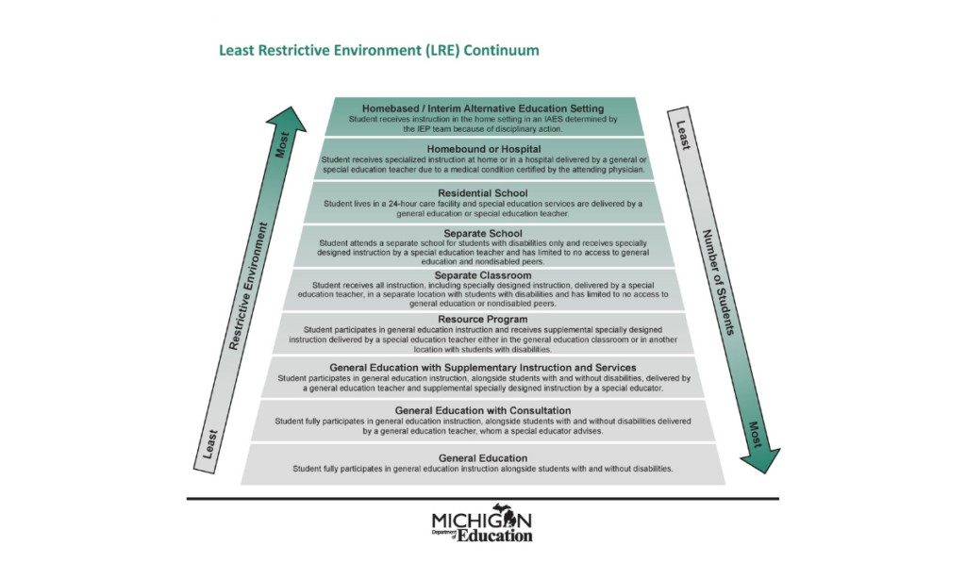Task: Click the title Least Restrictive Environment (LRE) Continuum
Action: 379,50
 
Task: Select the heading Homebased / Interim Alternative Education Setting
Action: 483,108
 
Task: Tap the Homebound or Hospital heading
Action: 483,149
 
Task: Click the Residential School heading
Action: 483,192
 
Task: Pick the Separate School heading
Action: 483,233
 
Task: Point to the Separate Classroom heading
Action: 483,274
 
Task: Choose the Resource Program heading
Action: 483,319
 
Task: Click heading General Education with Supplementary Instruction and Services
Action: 483,367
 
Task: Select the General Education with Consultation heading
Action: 483,410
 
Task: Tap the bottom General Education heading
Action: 483,457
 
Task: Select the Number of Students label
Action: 723,283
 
